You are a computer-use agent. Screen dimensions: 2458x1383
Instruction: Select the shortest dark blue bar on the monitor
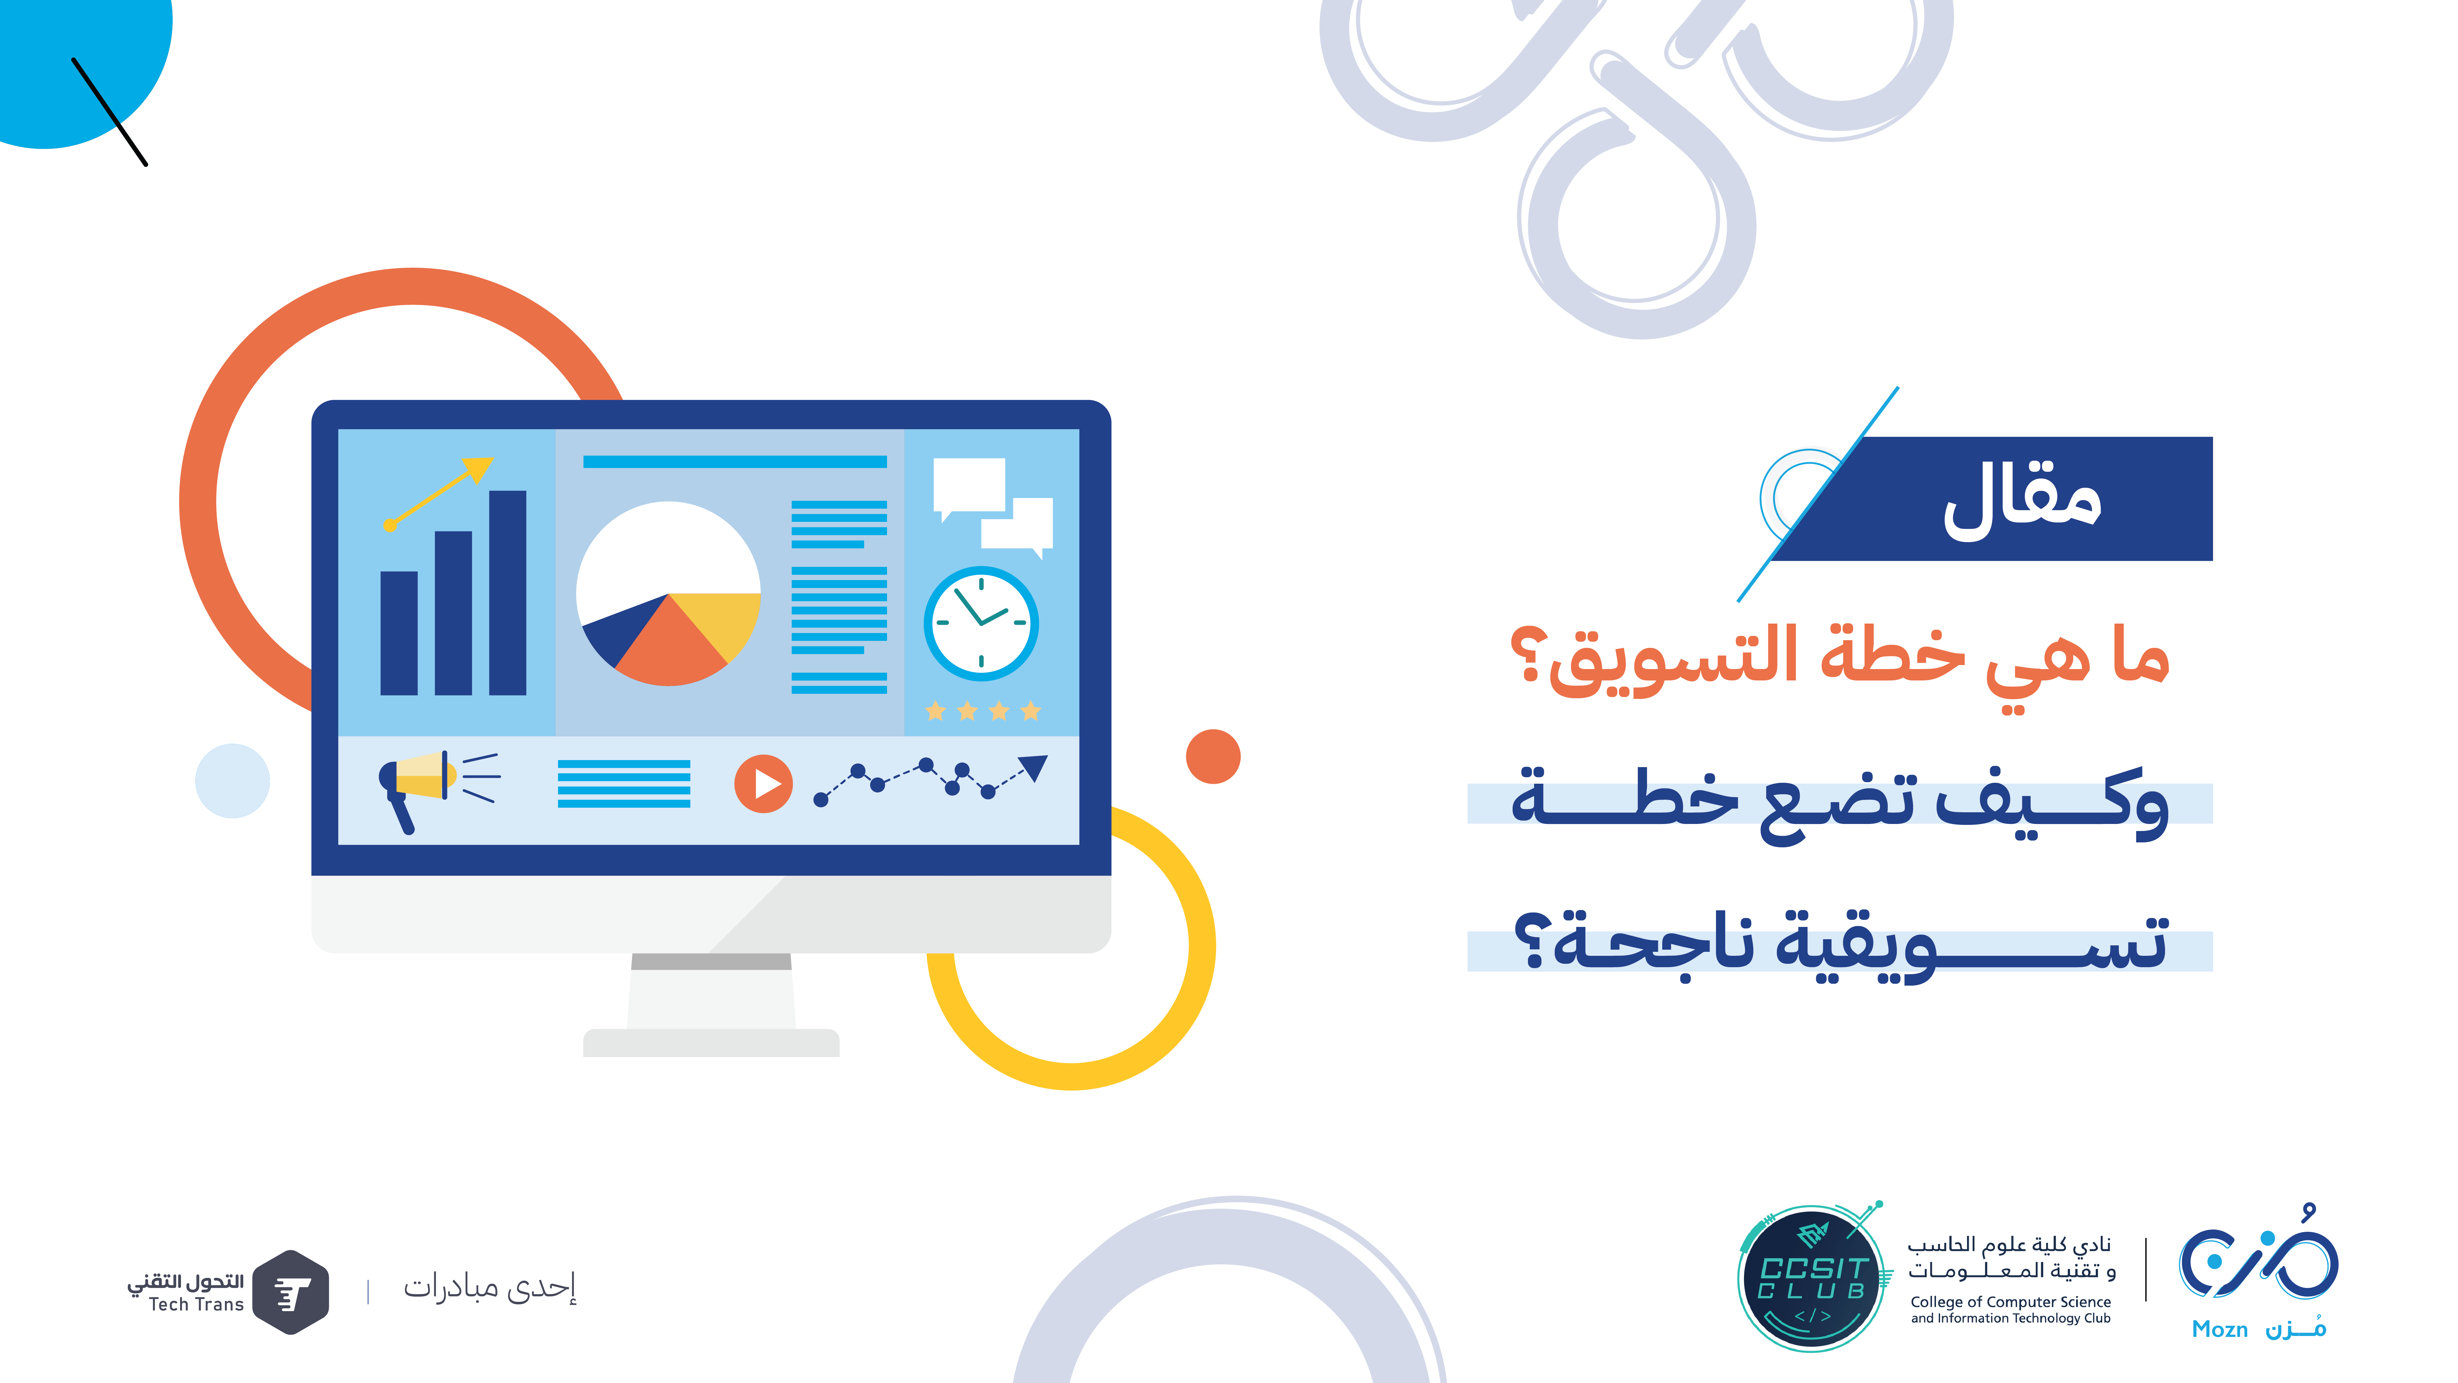point(399,633)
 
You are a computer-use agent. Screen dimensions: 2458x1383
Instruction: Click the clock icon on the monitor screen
point(981,623)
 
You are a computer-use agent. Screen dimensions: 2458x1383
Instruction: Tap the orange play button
point(763,784)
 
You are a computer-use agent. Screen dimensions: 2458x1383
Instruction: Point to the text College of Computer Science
point(2010,1302)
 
